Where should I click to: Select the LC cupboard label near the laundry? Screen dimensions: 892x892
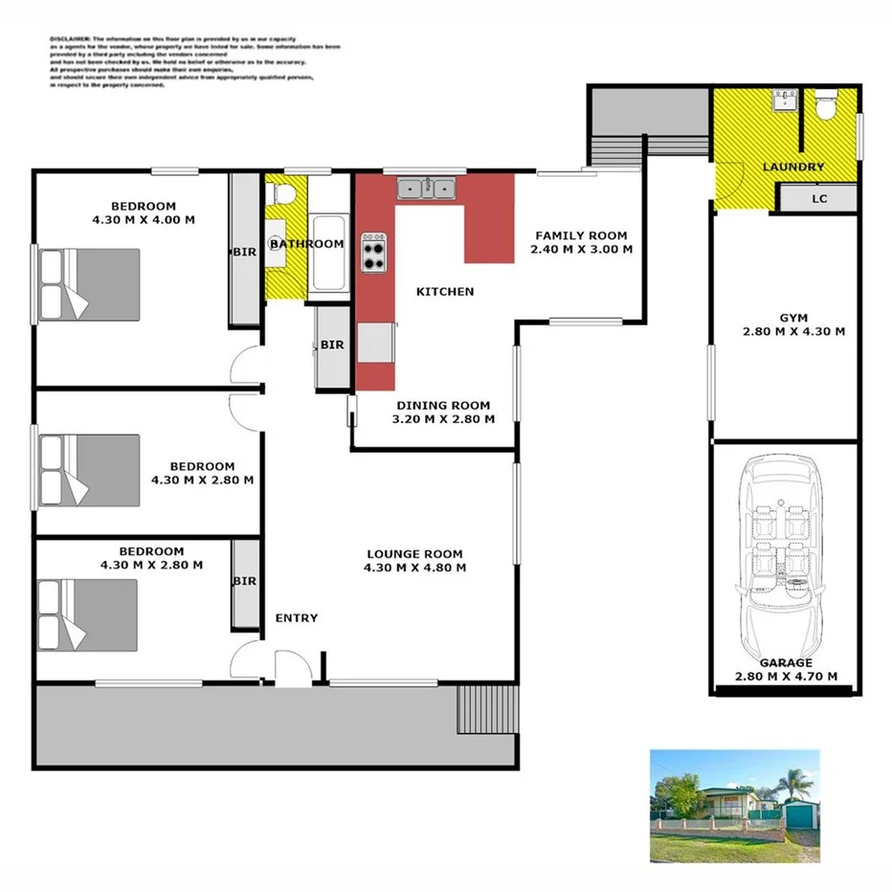tap(818, 199)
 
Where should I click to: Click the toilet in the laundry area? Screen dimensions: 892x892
tap(825, 105)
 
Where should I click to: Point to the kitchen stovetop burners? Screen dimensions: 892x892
tap(375, 254)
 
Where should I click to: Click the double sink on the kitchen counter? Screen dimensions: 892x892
tap(427, 189)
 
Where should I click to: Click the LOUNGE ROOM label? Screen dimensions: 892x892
tap(415, 553)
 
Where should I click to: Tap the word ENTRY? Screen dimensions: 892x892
tap(296, 618)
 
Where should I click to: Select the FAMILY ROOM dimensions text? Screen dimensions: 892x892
tap(581, 250)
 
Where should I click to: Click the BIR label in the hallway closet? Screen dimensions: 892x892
tap(332, 345)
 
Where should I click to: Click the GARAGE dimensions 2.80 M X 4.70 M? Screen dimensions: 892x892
tap(786, 677)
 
